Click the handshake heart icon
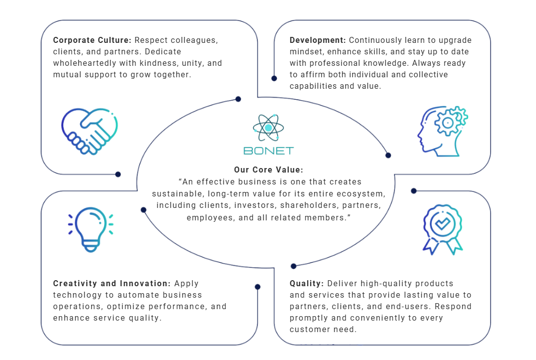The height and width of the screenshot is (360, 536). coord(89,131)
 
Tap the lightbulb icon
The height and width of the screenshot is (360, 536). coord(90,228)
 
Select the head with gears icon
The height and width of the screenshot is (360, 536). coord(443,131)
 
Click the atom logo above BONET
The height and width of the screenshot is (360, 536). coord(268,128)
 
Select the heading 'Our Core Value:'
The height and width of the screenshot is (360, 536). coord(268,170)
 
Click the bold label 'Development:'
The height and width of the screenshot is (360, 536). coord(317,40)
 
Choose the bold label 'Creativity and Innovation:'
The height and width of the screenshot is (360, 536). coord(112,284)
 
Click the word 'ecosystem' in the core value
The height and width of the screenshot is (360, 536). coord(363,193)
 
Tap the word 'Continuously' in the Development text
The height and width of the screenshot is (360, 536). coord(372,40)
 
